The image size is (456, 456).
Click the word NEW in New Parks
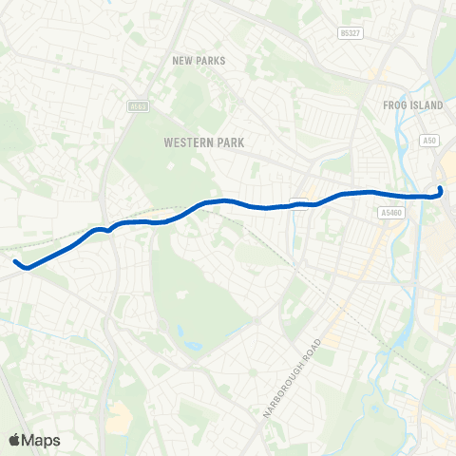(x=182, y=61)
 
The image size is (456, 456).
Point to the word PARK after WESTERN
(x=229, y=142)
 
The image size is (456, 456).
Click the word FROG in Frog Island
(x=395, y=105)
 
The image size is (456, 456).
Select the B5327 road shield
(x=351, y=33)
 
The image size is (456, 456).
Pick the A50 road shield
(x=429, y=140)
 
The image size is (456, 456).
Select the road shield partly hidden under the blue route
(x=298, y=200)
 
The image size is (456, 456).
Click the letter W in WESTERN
(x=167, y=142)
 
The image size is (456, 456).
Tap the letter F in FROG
(x=385, y=105)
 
